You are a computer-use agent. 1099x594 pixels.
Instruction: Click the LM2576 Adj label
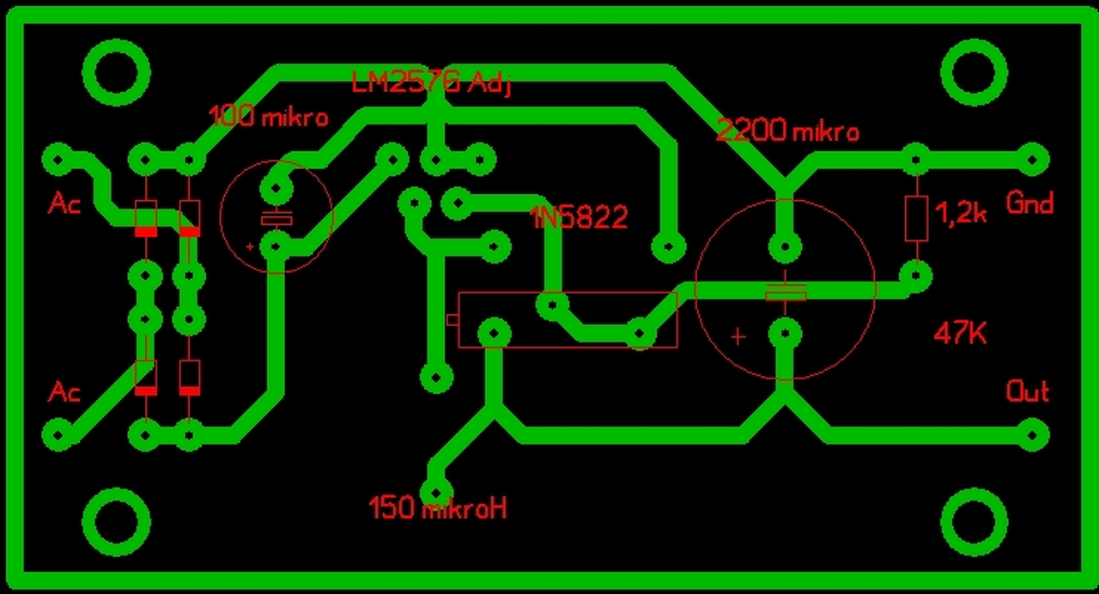pyautogui.click(x=431, y=84)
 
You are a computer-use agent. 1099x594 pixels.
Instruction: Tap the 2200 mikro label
pyautogui.click(x=787, y=130)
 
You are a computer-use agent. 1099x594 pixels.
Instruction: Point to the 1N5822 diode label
pyautogui.click(x=579, y=217)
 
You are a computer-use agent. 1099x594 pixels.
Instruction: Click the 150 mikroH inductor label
pyautogui.click(x=438, y=508)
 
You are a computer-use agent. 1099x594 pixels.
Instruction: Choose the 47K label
pyautogui.click(x=960, y=333)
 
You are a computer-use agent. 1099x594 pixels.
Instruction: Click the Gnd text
pyautogui.click(x=1029, y=204)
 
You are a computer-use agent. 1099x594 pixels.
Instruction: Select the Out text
pyautogui.click(x=1028, y=392)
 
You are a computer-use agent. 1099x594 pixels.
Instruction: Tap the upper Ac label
pyautogui.click(x=65, y=204)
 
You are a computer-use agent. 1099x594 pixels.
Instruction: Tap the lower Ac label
pyautogui.click(x=65, y=392)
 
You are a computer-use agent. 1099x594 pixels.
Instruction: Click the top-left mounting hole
pyautogui.click(x=116, y=72)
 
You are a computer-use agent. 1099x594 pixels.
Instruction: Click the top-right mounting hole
pyautogui.click(x=975, y=72)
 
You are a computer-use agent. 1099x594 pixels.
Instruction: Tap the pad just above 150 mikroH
pyautogui.click(x=435, y=492)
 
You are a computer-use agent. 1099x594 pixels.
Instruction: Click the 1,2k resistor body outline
pyautogui.click(x=916, y=218)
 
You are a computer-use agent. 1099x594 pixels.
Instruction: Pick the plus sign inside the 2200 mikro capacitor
pyautogui.click(x=738, y=336)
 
